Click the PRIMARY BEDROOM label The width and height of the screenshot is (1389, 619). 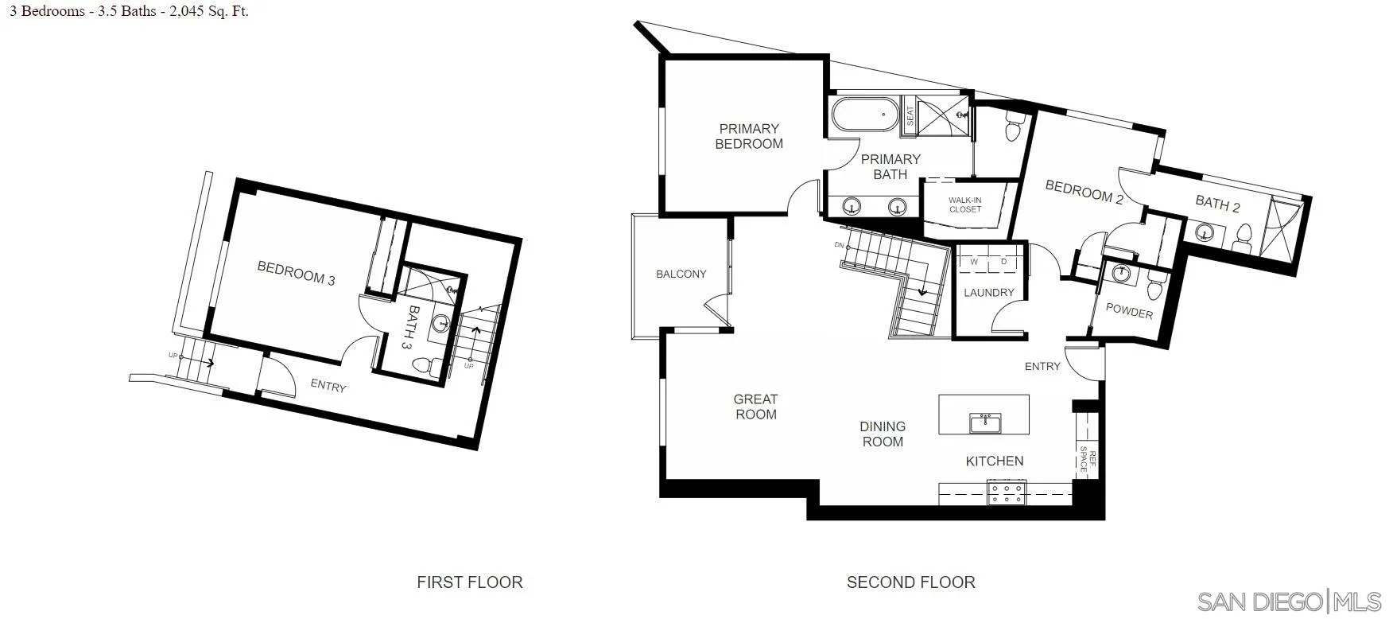pos(749,136)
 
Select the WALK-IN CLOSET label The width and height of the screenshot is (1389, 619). pos(964,204)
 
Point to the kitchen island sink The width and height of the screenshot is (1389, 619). pos(984,422)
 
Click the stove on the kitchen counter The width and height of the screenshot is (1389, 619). pos(1007,492)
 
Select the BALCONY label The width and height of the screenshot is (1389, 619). pos(681,274)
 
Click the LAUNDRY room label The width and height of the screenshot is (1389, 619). pos(988,293)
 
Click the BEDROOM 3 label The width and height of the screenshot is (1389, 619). pos(296,272)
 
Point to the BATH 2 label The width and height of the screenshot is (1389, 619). pos(1217,204)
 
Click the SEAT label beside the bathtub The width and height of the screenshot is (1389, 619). pos(910,116)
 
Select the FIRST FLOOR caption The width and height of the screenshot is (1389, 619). pos(469,582)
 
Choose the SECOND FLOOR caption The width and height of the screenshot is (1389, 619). pos(910,582)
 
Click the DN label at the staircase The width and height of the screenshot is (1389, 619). pos(839,245)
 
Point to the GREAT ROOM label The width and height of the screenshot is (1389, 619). pos(755,407)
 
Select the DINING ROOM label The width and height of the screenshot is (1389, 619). pos(883,434)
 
